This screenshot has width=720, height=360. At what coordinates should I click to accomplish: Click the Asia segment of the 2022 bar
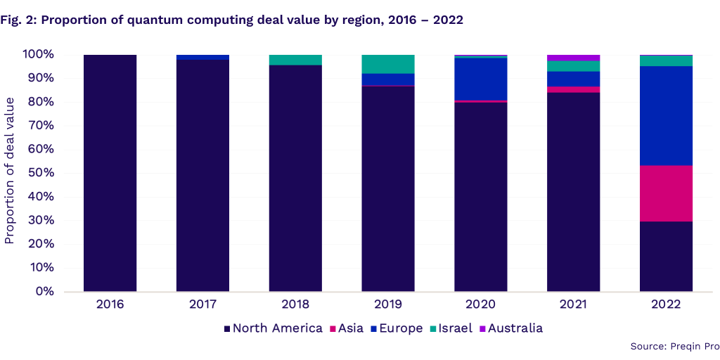click(666, 193)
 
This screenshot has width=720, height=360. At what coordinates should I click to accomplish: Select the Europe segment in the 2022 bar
click(666, 115)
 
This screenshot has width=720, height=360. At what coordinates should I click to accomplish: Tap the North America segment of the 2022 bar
click(666, 256)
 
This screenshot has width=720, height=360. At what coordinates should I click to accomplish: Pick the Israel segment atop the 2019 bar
click(388, 64)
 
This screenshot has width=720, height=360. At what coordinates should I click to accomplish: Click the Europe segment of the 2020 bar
click(481, 79)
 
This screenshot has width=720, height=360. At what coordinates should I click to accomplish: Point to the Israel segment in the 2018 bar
click(295, 60)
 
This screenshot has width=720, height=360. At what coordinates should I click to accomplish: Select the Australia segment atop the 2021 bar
click(573, 58)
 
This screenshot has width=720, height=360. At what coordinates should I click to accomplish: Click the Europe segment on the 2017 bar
click(202, 57)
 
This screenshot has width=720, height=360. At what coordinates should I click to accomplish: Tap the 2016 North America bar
click(110, 172)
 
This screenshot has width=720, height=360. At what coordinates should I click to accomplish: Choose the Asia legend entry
click(351, 328)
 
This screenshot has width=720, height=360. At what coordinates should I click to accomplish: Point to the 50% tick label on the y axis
click(41, 173)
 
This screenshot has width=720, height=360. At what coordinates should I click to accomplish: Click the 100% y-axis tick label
click(38, 54)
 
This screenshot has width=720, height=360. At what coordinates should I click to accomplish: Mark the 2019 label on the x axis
click(388, 304)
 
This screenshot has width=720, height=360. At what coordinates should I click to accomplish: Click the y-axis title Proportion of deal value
click(10, 172)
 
